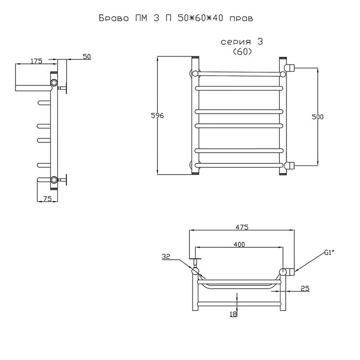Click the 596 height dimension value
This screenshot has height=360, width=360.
tap(157, 116)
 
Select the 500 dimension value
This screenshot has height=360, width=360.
tap(318, 117)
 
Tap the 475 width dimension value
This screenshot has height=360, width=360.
tap(242, 227)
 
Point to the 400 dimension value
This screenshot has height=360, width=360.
tap(239, 244)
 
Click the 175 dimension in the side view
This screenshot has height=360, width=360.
tap(36, 61)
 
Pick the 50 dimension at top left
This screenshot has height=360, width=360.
tap(87, 57)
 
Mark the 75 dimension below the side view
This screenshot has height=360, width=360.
tap(47, 198)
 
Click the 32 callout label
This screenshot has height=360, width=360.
tap(166, 256)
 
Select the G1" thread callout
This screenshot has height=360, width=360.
tap(329, 253)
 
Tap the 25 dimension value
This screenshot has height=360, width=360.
tap(305, 288)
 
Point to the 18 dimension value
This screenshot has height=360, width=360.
tap(233, 314)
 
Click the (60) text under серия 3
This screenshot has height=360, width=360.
tap(243, 52)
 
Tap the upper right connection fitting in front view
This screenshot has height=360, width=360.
tap(289, 68)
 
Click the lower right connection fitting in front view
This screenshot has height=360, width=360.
tap(289, 165)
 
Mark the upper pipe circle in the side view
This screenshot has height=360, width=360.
tap(54, 83)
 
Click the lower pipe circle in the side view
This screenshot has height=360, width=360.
tap(54, 180)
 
